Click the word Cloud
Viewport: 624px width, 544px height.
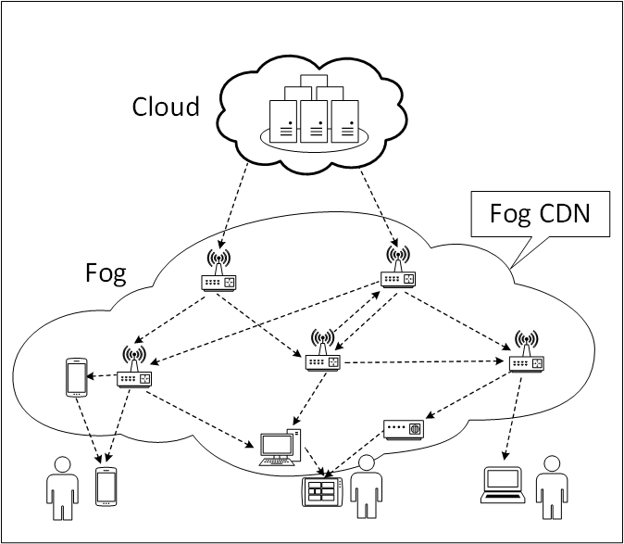point(166,106)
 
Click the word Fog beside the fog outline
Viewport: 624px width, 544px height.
point(105,273)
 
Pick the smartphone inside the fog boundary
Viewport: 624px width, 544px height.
point(75,377)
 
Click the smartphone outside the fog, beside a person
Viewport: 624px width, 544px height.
point(107,486)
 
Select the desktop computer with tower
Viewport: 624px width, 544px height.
point(281,446)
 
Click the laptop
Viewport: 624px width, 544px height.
point(505,485)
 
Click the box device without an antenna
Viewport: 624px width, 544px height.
point(403,429)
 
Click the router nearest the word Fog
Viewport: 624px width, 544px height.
point(219,273)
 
